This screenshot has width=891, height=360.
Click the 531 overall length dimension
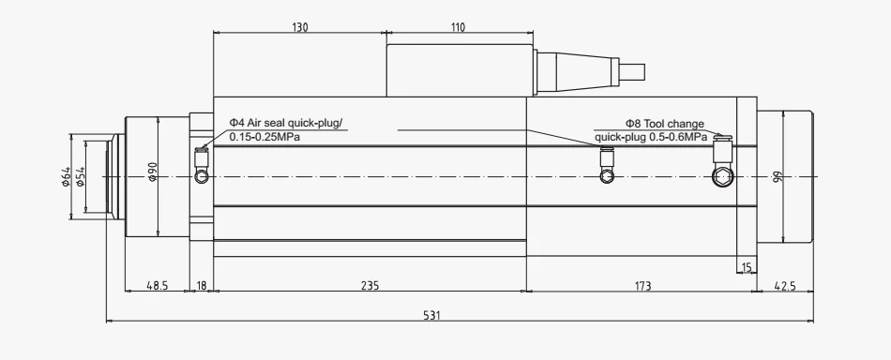pos(431,315)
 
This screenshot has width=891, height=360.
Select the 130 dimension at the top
pos(300,27)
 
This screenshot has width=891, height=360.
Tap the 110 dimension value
pos(459,27)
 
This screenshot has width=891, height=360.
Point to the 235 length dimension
pos(370,286)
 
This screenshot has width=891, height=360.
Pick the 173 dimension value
pos(642,286)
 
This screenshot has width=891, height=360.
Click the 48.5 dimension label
pos(158,286)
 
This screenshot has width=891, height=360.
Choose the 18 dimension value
pos(201,286)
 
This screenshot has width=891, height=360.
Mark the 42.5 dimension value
pos(785,286)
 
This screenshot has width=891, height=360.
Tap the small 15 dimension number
pos(747,266)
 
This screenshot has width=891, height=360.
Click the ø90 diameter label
pos(152,172)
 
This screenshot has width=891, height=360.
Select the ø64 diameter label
pos(66,176)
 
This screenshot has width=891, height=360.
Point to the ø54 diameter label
pos(80,176)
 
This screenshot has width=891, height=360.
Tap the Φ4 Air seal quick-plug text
pos(287,123)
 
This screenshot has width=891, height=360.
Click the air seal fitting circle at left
pos(202,176)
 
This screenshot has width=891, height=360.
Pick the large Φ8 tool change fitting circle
pos(723,176)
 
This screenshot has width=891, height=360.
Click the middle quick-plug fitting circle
pos(608,176)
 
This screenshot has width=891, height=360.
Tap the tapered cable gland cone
pos(578,72)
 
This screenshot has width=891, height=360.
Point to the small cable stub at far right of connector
pos(632,72)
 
